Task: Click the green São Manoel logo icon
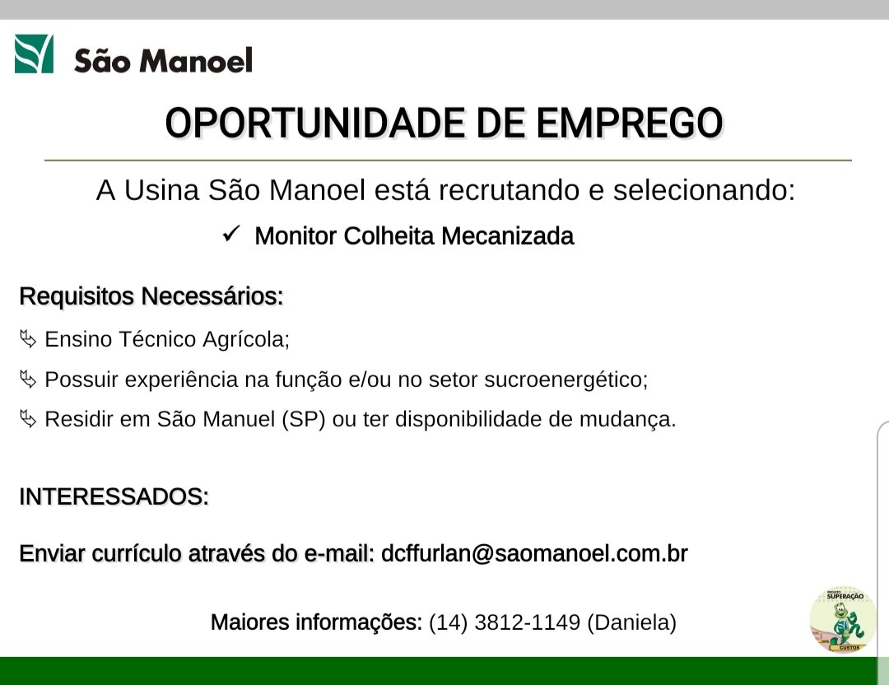point(34,54)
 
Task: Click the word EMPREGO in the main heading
point(630,123)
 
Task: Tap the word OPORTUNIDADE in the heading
point(316,123)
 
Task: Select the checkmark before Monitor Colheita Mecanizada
point(231,233)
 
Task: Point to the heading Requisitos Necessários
point(151,296)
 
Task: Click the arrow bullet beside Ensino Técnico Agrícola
point(28,339)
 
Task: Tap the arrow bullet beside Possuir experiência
point(28,379)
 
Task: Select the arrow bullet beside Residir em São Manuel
point(28,419)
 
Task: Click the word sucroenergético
point(566,380)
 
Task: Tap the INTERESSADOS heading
point(114,496)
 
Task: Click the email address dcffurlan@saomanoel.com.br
point(534,553)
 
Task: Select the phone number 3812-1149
point(528,622)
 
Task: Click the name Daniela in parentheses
point(632,622)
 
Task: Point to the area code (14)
point(448,622)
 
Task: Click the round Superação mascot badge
point(843,619)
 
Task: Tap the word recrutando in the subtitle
point(509,190)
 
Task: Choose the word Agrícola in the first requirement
point(246,340)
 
